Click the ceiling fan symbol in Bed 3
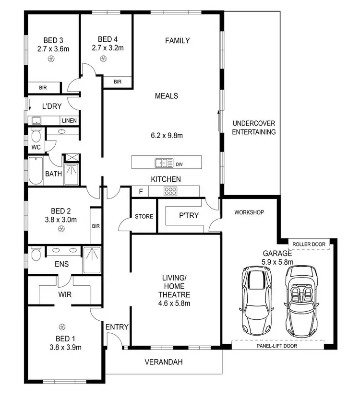[51, 58]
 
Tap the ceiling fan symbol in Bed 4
[102, 58]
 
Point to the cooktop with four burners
[171, 191]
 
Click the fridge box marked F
[140, 191]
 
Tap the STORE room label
[144, 216]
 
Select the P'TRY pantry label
[189, 216]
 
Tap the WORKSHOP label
[249, 212]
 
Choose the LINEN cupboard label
[68, 120]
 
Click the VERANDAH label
[164, 362]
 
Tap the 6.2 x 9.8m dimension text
[167, 136]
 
